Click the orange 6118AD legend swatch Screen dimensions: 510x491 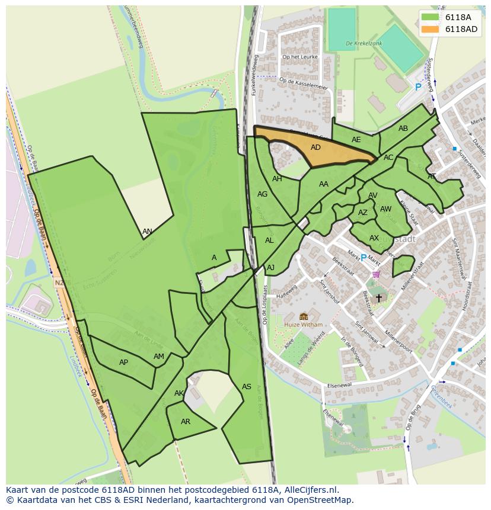click(x=430, y=29)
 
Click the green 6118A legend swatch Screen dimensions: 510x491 click(x=430, y=17)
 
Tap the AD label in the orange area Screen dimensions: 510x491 click(x=315, y=147)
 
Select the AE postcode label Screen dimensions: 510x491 click(x=356, y=140)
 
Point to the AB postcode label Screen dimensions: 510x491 click(x=403, y=129)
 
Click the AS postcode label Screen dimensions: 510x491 click(x=247, y=387)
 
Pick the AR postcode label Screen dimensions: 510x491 click(x=186, y=422)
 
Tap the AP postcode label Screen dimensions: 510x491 click(x=123, y=363)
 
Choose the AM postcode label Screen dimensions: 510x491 click(x=158, y=357)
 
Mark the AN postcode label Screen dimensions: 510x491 click(x=147, y=232)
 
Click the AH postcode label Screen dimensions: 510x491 click(x=277, y=179)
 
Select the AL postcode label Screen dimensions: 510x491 click(x=269, y=240)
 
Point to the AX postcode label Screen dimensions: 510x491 click(x=374, y=238)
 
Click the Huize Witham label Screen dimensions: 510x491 click(x=303, y=325)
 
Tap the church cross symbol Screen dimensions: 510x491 click(x=379, y=298)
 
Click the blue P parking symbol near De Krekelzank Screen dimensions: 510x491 click(x=417, y=87)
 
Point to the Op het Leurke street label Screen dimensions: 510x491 click(x=301, y=57)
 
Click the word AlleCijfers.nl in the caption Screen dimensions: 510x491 click(x=310, y=490)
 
